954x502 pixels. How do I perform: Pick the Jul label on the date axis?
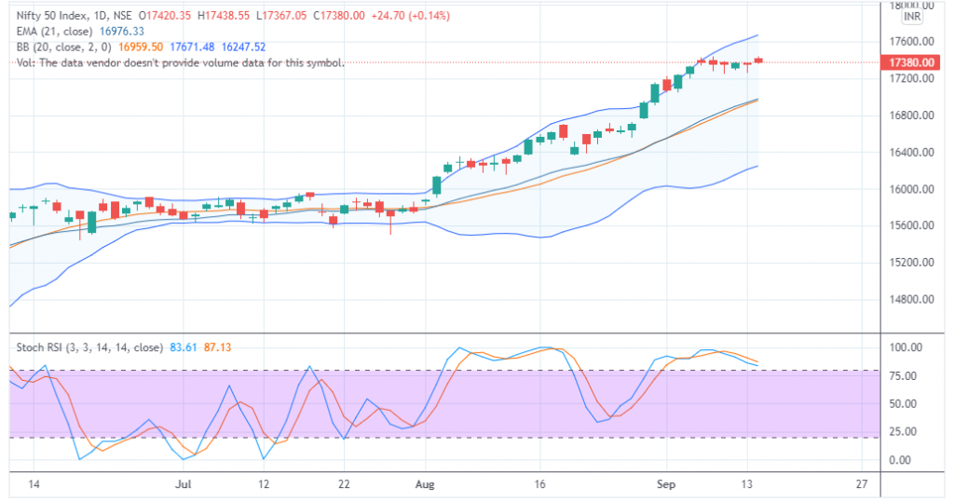[x=184, y=484]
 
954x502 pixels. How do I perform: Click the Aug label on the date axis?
[x=425, y=484]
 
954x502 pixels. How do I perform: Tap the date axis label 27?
[x=861, y=484]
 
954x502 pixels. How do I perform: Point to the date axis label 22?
[x=345, y=484]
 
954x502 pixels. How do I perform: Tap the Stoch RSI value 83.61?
[x=182, y=347]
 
